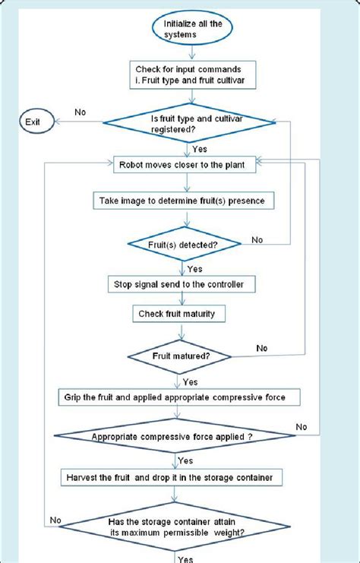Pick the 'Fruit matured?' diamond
pos(179,354)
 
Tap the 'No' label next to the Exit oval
pos(80,112)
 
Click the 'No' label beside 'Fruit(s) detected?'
pos(257,239)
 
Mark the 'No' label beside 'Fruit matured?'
pos(262,348)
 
